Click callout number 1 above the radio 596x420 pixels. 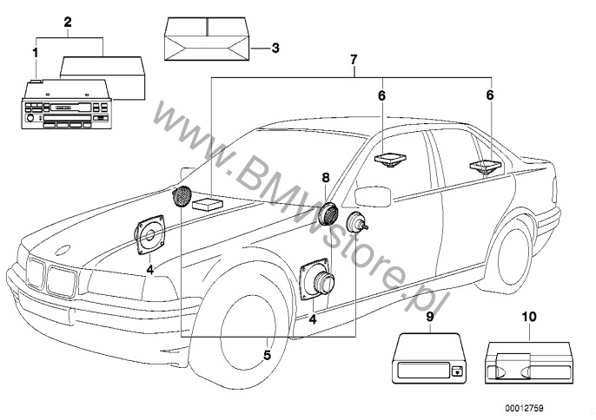tap(35, 53)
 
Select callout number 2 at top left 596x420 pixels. tap(67, 22)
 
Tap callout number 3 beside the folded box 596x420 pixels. tap(276, 49)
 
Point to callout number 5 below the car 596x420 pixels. tap(267, 354)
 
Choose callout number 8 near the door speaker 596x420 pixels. tap(325, 178)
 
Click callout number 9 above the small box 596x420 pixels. tap(428, 318)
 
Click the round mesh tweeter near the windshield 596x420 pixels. tap(183, 196)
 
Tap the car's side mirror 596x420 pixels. tap(372, 194)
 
